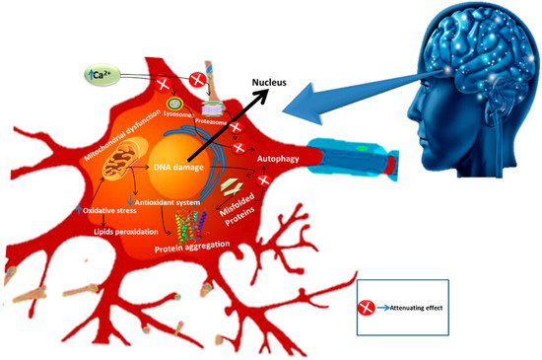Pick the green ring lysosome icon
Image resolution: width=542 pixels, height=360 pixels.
(x=173, y=102)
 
